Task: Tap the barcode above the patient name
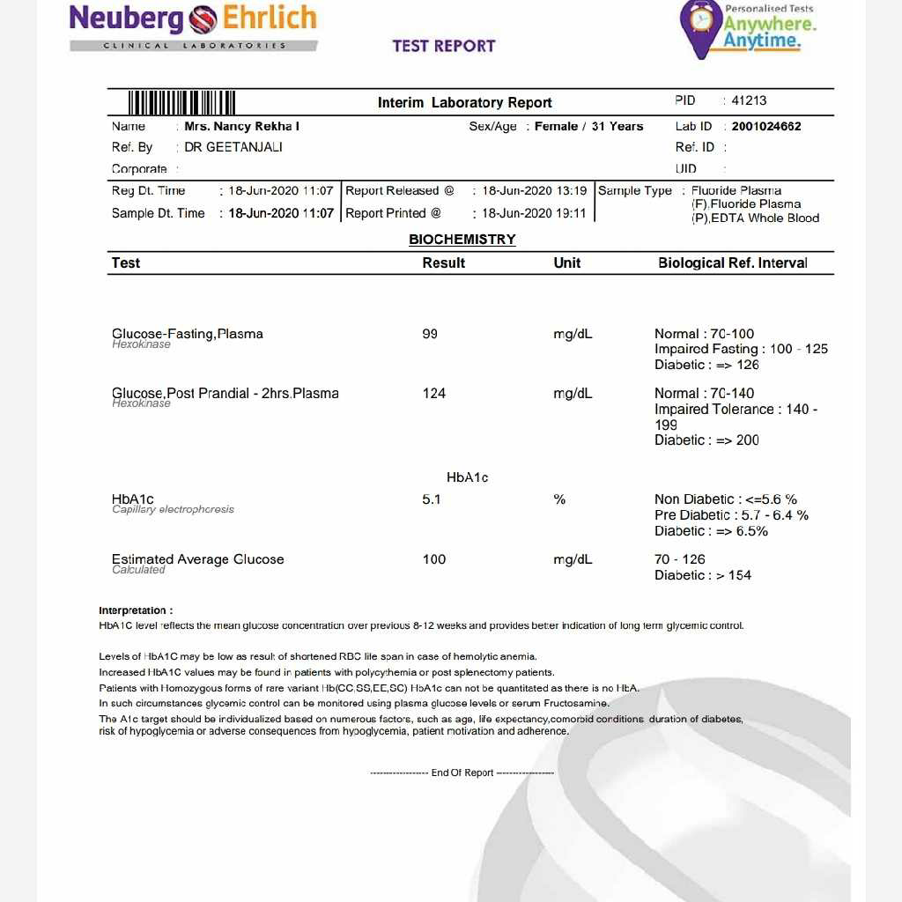(x=182, y=102)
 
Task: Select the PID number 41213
(x=749, y=100)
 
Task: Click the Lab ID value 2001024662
(x=766, y=126)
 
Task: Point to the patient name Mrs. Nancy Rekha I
(x=241, y=126)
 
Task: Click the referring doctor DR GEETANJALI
(x=233, y=147)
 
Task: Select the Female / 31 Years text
(x=588, y=126)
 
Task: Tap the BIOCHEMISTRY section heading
(x=462, y=240)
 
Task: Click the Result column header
(x=443, y=262)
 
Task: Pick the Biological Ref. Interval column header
(x=732, y=262)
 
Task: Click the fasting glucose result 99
(x=430, y=334)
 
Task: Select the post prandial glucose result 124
(x=433, y=393)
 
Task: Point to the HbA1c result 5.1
(x=431, y=499)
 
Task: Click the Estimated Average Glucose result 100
(x=433, y=559)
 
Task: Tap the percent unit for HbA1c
(x=559, y=499)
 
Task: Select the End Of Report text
(x=462, y=773)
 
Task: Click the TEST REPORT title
(x=444, y=46)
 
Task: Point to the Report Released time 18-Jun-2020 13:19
(x=534, y=190)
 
